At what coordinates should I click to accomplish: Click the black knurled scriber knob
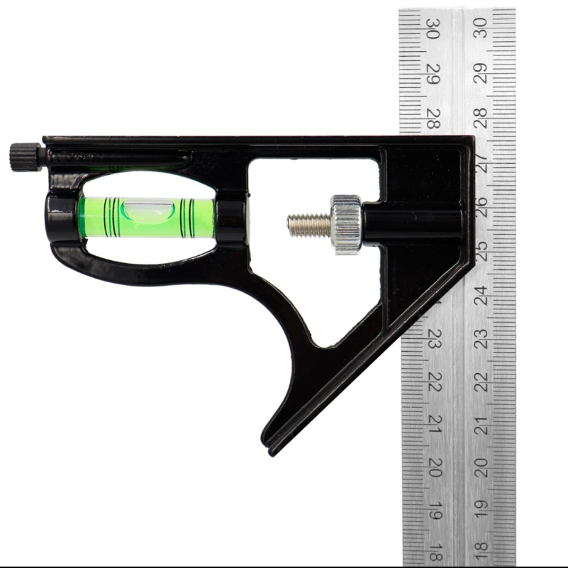click(26, 157)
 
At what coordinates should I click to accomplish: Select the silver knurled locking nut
click(347, 224)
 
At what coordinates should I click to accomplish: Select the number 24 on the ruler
click(481, 295)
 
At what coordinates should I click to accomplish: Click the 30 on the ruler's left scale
click(433, 28)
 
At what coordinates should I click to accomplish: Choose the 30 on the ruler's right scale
click(481, 28)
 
